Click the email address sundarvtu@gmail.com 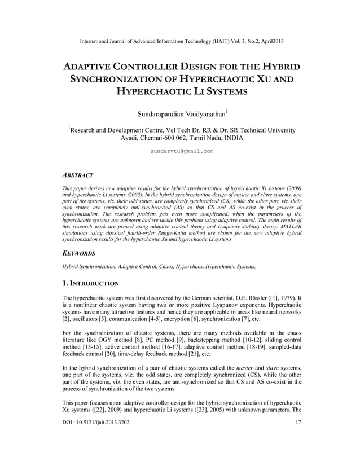coord(182,151)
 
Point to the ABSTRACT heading coord(77,175)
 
